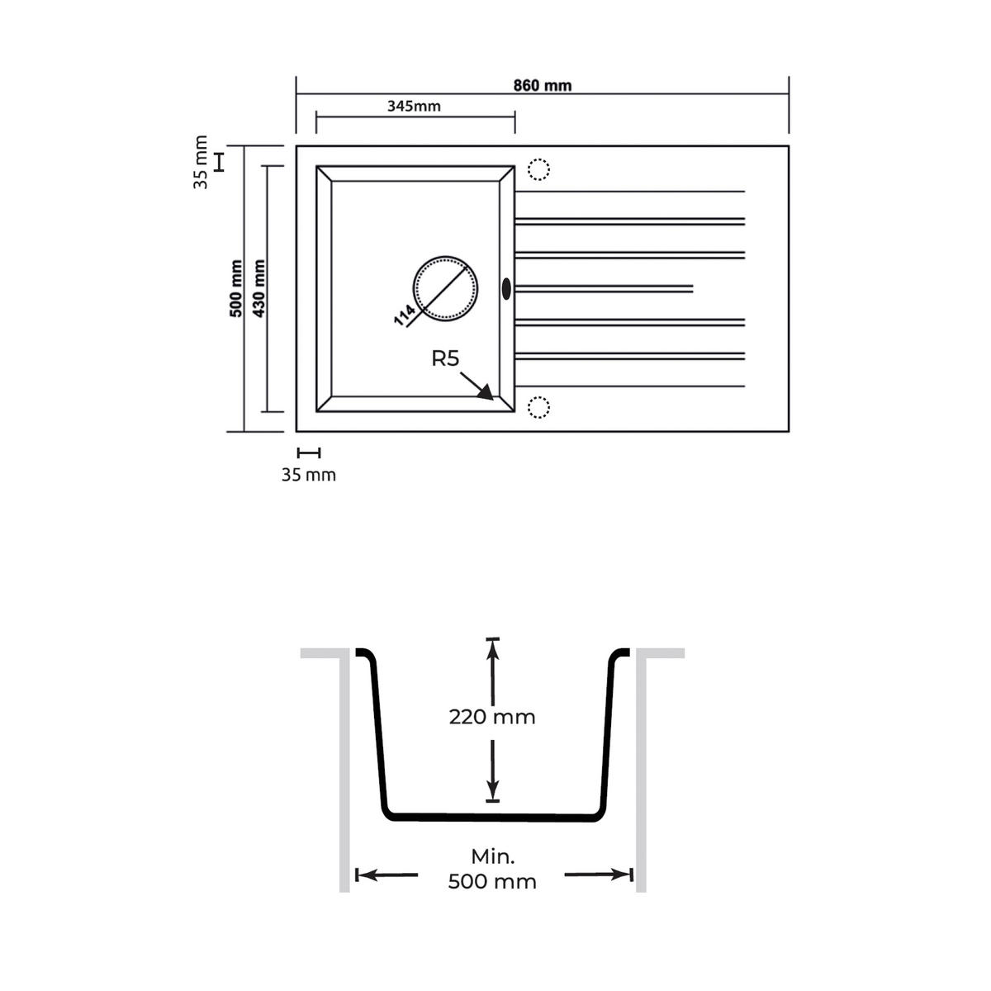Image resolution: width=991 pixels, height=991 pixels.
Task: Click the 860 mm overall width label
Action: (543, 85)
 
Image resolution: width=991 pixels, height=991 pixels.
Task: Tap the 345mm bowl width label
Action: (414, 106)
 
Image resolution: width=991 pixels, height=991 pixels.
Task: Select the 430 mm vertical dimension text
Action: (258, 288)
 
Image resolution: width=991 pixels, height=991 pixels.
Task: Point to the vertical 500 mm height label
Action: (236, 288)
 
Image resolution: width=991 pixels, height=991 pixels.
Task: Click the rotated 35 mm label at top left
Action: (201, 162)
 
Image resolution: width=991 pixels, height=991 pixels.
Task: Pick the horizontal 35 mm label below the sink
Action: (309, 475)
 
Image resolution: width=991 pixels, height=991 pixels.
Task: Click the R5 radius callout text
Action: (445, 358)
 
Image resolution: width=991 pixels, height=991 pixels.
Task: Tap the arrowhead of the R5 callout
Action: (486, 393)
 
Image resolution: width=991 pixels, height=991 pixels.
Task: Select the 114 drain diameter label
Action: (405, 315)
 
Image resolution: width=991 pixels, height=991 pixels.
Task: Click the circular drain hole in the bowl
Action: (445, 257)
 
